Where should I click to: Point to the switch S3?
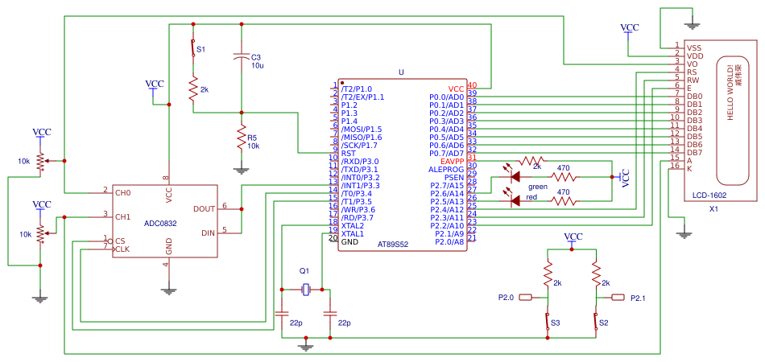pyautogui.click(x=548, y=322)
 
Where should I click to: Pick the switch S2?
pyautogui.click(x=596, y=322)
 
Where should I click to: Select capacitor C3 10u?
pyautogui.click(x=241, y=58)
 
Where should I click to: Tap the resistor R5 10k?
pyautogui.click(x=241, y=139)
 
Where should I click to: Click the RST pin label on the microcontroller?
pyautogui.click(x=348, y=153)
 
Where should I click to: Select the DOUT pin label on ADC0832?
pyautogui.click(x=204, y=208)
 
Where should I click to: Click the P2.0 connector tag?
pyautogui.click(x=525, y=298)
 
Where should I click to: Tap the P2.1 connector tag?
pyautogui.click(x=618, y=298)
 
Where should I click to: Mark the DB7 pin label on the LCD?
pyautogui.click(x=695, y=152)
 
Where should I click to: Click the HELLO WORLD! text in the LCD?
pyautogui.click(x=730, y=93)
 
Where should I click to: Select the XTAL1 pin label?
pyautogui.click(x=352, y=233)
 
